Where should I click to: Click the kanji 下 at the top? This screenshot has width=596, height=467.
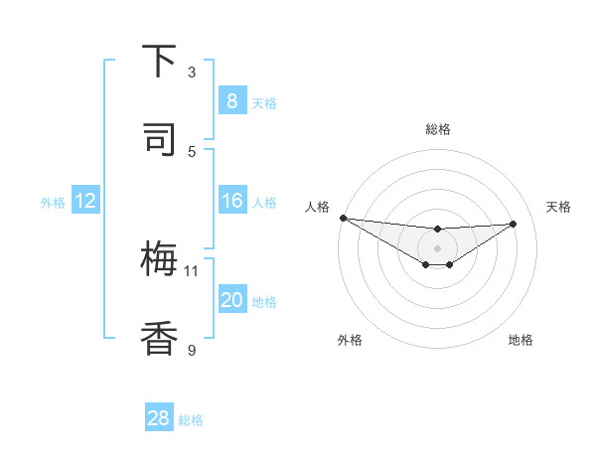(159, 63)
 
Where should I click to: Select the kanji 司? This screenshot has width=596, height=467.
(159, 140)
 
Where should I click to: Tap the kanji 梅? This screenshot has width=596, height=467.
(159, 260)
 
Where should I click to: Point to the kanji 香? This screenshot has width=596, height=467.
(159, 339)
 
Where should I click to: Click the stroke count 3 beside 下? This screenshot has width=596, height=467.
(192, 73)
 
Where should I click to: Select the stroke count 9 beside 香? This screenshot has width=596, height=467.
(192, 349)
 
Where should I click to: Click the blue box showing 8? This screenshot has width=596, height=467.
(231, 101)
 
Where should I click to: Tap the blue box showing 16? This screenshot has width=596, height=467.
(231, 202)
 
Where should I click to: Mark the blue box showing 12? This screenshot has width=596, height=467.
(84, 202)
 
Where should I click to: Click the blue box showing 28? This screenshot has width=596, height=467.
(159, 418)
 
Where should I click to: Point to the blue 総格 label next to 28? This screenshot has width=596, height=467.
(191, 420)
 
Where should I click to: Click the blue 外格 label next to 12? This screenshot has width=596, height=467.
(53, 203)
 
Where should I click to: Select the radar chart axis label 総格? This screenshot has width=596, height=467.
(437, 129)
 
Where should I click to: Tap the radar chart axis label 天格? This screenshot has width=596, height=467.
(558, 207)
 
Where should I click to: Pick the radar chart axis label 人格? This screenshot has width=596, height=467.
(317, 207)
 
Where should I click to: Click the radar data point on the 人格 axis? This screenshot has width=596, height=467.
(343, 218)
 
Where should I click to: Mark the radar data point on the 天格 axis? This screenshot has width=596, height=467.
(514, 224)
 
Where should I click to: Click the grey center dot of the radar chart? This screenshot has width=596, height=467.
(437, 247)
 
